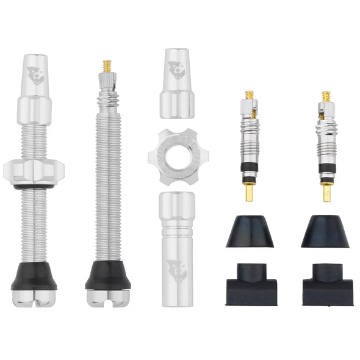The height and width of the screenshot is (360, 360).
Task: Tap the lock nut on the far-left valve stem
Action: pos(34,170)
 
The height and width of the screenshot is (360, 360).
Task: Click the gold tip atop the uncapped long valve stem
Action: pos(107,65)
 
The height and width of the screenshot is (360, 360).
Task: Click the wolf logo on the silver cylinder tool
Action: pos(177,269)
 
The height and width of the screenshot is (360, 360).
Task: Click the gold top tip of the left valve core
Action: pos(250,96)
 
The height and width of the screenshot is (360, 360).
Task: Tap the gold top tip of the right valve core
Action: pos(326,96)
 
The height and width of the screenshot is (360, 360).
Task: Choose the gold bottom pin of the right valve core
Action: pos(326,193)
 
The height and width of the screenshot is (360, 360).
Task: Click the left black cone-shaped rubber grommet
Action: pos(250,232)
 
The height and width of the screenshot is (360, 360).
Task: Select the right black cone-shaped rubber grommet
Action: pos(325,232)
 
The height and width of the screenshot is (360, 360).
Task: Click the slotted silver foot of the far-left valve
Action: pos(34,297)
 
